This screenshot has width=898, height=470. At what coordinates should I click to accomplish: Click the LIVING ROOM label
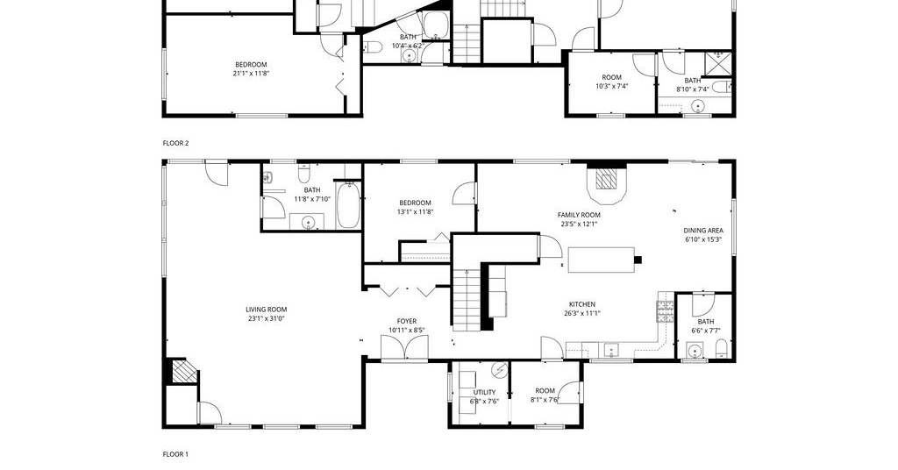tap(267, 310)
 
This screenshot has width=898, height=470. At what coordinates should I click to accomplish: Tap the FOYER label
tap(407, 321)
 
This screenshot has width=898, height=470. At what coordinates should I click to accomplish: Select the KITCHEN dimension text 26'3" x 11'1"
tap(582, 313)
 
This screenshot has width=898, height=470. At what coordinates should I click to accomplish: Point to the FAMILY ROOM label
tap(579, 215)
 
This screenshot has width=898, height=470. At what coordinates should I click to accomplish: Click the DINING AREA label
tap(703, 231)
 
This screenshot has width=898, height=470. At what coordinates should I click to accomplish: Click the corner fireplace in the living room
tap(182, 371)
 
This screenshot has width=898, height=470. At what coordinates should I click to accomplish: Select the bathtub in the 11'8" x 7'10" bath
tap(348, 204)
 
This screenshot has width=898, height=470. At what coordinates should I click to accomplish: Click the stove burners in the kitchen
tap(665, 311)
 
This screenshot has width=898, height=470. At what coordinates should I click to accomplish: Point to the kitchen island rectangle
tap(602, 260)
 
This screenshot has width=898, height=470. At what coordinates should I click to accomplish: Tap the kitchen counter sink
tap(611, 350)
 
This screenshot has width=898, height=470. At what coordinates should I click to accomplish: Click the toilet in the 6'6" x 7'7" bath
tap(722, 349)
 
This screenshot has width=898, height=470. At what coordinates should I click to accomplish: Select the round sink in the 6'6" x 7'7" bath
tap(695, 351)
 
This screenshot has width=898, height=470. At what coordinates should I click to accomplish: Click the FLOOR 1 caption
tap(175, 454)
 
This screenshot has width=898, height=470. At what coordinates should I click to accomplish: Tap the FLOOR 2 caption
tap(175, 144)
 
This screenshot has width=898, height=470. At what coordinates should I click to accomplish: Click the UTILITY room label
tap(484, 392)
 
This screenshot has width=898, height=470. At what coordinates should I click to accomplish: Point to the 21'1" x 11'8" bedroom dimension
tap(251, 74)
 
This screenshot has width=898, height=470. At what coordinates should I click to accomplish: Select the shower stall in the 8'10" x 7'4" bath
tap(718, 62)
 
